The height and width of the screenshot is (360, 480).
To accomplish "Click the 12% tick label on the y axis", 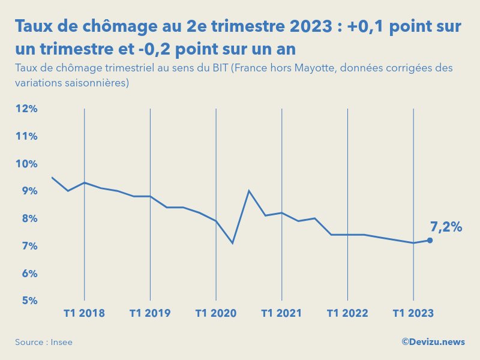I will coord(26,109).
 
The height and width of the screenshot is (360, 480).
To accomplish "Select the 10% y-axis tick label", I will coord(26,163).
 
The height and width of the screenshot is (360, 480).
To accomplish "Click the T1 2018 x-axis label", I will coord(84,313).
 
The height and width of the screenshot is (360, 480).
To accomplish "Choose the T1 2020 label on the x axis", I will coord(216,313).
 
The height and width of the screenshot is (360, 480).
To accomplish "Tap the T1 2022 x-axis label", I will coord(347,313).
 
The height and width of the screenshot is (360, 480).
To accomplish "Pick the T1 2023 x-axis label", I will coord(413,313).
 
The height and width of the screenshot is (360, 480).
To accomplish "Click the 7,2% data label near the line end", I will coord(446,227).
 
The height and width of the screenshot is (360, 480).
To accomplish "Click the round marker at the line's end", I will coord(430,240).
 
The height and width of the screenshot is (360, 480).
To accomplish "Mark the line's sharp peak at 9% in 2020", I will coord(249,191).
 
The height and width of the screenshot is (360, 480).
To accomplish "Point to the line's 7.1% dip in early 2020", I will coord(232,243).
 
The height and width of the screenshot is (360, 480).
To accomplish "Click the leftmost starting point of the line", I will coord(52,177).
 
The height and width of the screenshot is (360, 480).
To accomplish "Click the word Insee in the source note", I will coord(61,342).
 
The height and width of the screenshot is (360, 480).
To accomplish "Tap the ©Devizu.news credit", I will coord(433,341).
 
